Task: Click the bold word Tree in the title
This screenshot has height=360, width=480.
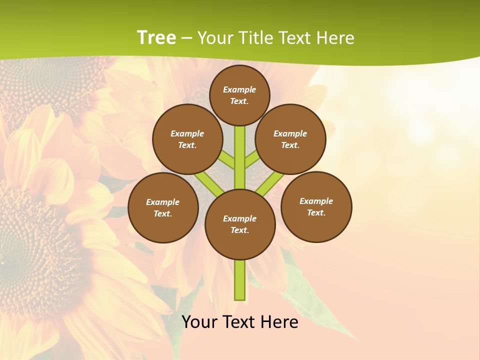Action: (x=156, y=37)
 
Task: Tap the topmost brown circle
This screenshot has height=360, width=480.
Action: (x=239, y=95)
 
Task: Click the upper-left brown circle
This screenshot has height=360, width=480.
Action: (x=187, y=139)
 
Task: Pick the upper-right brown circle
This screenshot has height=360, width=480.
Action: (x=290, y=139)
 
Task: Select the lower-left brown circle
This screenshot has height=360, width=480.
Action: (x=163, y=207)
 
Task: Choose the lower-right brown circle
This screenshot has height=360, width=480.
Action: (x=316, y=206)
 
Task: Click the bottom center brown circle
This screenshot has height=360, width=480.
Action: (x=240, y=224)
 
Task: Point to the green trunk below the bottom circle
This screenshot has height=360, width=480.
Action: (x=240, y=280)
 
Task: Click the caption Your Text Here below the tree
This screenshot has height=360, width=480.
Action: (x=240, y=322)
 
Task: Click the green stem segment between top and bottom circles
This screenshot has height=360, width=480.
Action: (x=240, y=157)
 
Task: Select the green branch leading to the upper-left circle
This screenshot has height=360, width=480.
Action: (x=226, y=161)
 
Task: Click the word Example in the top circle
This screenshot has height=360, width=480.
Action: (x=239, y=89)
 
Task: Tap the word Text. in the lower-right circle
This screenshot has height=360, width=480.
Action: (x=316, y=212)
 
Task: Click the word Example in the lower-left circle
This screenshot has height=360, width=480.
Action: (x=163, y=202)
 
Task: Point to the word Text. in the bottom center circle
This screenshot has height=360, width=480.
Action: (x=240, y=230)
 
